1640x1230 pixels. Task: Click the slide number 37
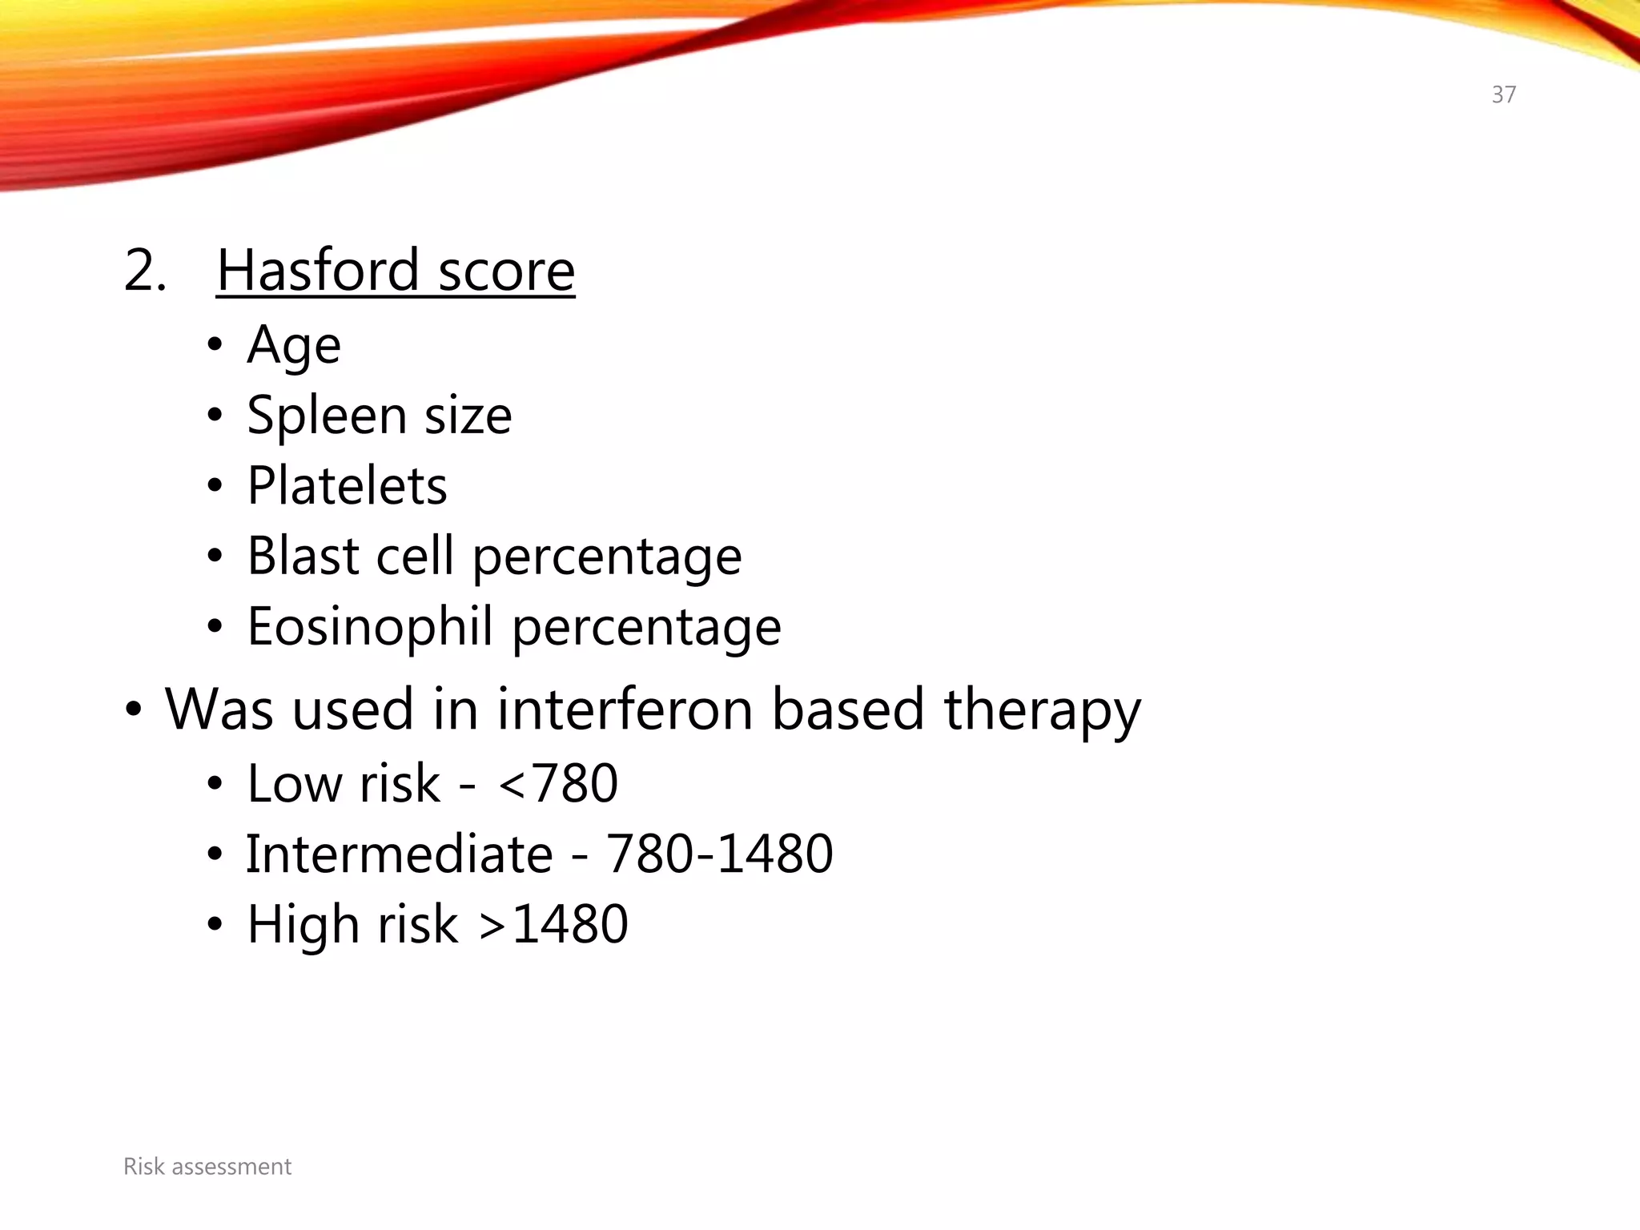point(1503,94)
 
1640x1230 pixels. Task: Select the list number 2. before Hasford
point(145,270)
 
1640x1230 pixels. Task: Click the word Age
point(294,346)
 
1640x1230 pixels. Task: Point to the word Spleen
point(327,416)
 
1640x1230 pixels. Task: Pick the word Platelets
point(347,486)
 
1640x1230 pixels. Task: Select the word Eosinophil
point(369,626)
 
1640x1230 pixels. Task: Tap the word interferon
point(625,709)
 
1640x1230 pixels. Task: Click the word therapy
point(1042,709)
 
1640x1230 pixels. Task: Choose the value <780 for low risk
point(558,783)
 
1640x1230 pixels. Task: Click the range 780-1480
point(719,854)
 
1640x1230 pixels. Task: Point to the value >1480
point(553,924)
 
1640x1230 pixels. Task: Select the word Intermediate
point(399,854)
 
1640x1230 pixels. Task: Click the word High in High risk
point(303,924)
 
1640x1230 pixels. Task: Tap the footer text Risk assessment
point(207,1167)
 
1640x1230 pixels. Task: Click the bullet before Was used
point(134,709)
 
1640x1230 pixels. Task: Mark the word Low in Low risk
point(293,783)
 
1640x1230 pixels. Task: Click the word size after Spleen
point(468,416)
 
